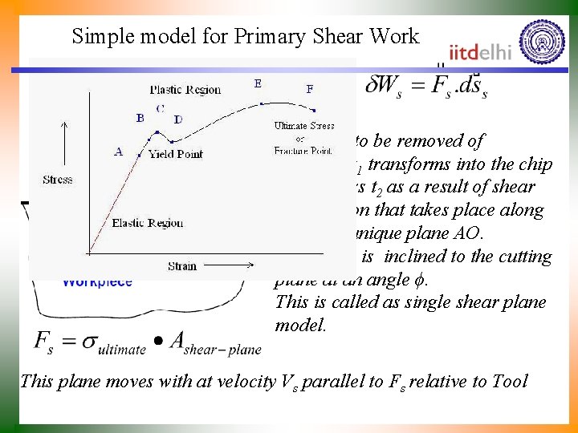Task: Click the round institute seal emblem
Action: click(542, 41)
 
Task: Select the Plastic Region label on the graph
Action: click(185, 89)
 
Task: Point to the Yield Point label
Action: click(175, 154)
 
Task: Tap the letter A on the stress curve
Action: click(119, 152)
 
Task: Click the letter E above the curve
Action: click(258, 83)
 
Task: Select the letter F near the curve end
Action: click(310, 90)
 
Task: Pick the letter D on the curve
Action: click(178, 119)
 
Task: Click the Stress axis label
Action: click(57, 180)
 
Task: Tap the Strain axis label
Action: click(183, 265)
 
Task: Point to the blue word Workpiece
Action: click(97, 282)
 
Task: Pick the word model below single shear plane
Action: click(300, 326)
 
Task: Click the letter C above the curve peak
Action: click(160, 108)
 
